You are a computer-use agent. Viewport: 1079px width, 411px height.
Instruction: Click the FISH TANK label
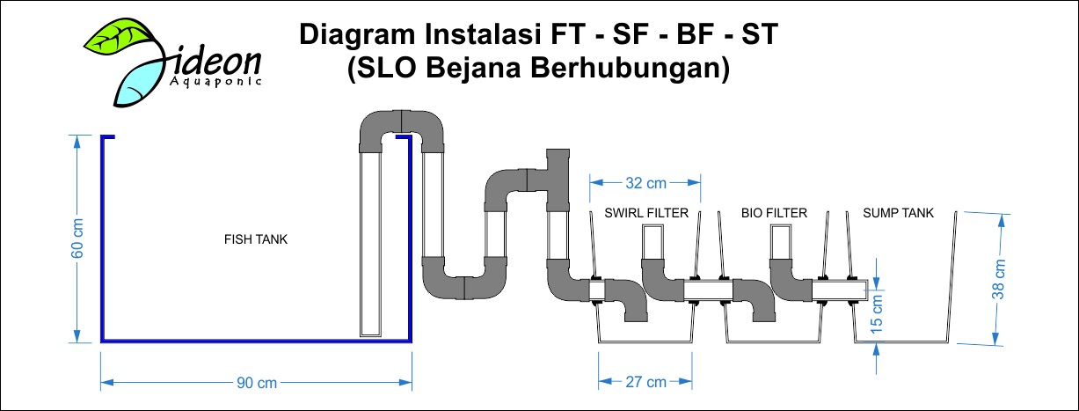[x=256, y=239]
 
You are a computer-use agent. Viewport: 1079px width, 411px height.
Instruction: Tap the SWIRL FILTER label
[x=646, y=213]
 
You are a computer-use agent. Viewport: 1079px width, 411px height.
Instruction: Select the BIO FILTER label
[x=774, y=213]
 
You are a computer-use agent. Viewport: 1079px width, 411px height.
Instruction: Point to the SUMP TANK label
[x=899, y=213]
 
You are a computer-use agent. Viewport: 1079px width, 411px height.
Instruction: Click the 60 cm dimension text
[x=77, y=238]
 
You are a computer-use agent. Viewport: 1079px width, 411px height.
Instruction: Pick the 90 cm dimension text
[x=257, y=383]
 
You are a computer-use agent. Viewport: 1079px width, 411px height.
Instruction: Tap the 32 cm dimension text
[x=646, y=183]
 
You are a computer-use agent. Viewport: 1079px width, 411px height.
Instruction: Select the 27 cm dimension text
[x=646, y=382]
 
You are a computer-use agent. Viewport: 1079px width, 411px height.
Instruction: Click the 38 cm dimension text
[x=999, y=279]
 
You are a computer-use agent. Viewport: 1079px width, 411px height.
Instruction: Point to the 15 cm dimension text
[x=877, y=313]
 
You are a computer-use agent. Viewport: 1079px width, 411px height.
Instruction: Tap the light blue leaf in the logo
[x=137, y=81]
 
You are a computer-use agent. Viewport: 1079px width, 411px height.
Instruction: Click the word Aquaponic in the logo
[x=215, y=82]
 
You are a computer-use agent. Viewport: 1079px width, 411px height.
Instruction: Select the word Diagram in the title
[x=357, y=35]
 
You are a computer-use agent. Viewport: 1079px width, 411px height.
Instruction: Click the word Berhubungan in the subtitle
[x=630, y=68]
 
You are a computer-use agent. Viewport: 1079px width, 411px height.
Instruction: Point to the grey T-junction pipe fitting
[x=558, y=180]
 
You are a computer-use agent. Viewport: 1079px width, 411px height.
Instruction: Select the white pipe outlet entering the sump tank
[x=840, y=290]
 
